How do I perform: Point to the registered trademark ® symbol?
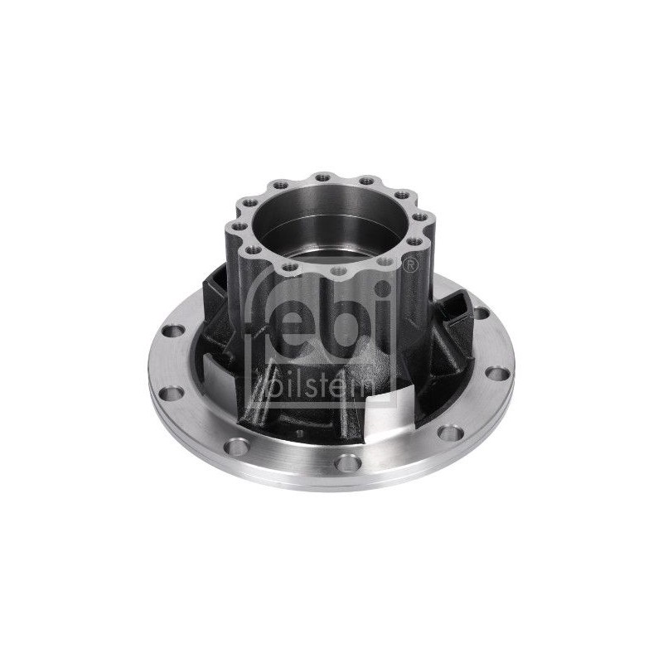[x=408, y=264]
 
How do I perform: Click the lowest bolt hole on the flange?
[x=348, y=462]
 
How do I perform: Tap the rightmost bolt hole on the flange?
[x=496, y=374]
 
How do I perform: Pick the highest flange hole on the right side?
[x=482, y=313]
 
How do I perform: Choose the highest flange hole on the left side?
[x=173, y=331]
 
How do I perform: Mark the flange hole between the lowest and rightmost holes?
[x=451, y=432]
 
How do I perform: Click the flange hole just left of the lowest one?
[x=237, y=447]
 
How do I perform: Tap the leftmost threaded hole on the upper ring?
[x=239, y=225]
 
